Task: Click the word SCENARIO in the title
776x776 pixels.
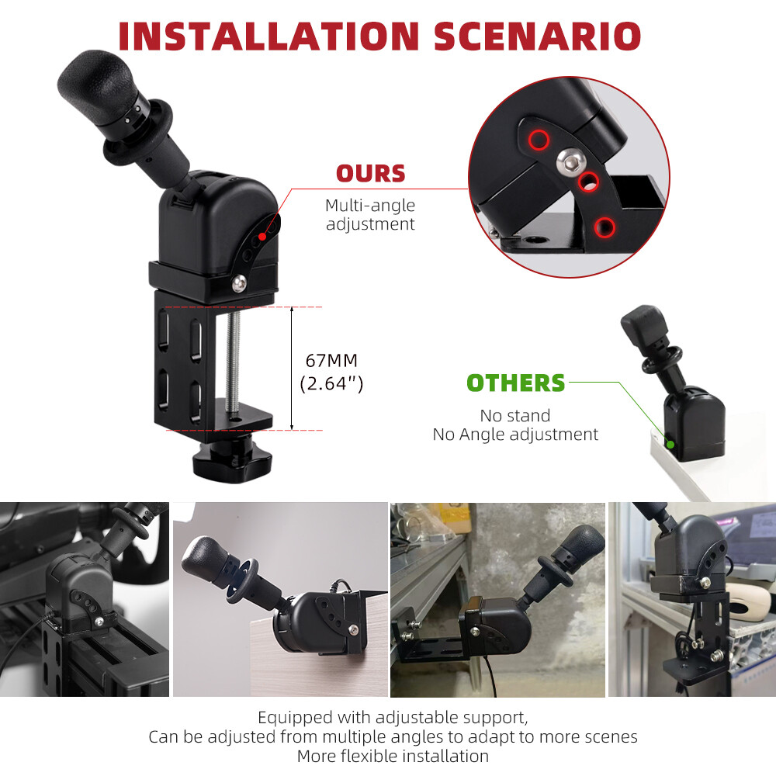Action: click(538, 36)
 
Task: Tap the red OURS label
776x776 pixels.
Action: click(371, 174)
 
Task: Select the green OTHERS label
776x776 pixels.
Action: click(516, 383)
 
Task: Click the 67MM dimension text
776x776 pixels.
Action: click(331, 361)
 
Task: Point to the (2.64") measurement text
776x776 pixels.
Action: click(331, 383)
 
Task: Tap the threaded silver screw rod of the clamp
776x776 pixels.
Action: click(232, 363)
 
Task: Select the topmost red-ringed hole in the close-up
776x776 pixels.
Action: click(539, 140)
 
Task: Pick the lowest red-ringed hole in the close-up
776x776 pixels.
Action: click(605, 227)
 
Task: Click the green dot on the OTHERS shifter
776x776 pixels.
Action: click(670, 445)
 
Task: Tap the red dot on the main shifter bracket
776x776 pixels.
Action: click(262, 237)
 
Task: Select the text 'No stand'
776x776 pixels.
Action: click(515, 416)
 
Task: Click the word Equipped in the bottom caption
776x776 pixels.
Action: click(295, 718)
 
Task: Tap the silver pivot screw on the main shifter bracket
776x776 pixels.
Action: click(239, 283)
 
